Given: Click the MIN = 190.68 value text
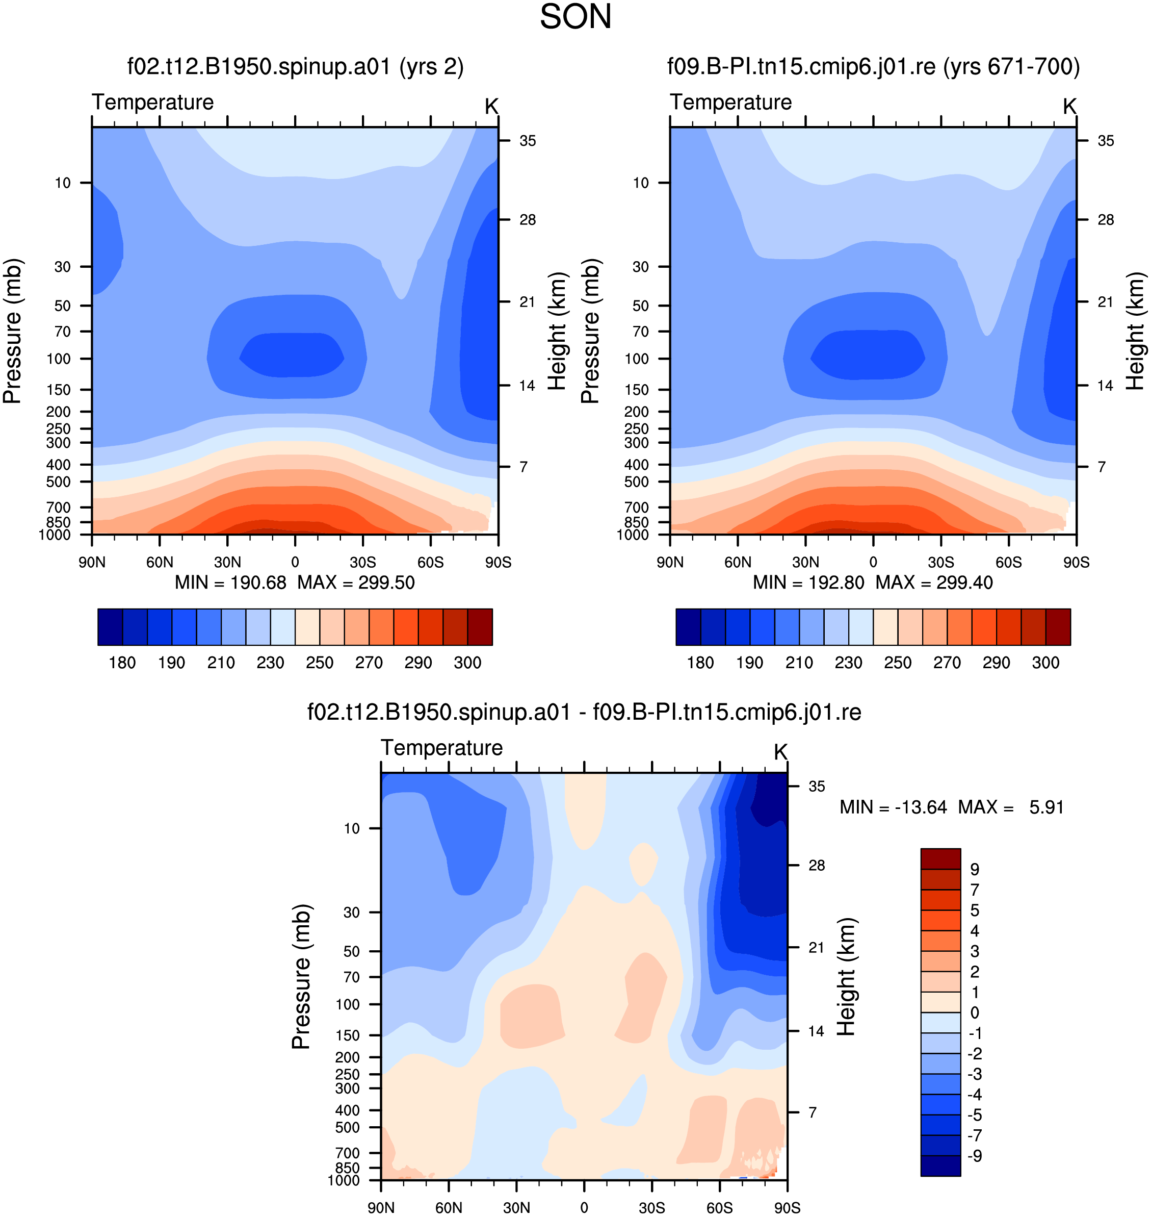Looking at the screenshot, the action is click(x=231, y=582).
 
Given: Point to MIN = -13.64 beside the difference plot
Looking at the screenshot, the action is click(x=893, y=807).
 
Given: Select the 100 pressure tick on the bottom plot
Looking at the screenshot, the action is click(x=348, y=1004).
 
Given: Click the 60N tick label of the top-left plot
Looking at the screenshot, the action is click(x=160, y=562).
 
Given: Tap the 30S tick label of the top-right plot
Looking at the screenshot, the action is click(x=940, y=562).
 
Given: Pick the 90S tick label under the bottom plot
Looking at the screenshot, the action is click(x=787, y=1207).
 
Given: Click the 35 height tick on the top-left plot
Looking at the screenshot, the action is click(x=528, y=141).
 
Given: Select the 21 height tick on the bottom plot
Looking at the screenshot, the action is click(x=817, y=947).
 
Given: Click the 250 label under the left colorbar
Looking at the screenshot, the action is click(x=320, y=663).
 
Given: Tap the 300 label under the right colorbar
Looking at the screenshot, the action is click(x=1045, y=663).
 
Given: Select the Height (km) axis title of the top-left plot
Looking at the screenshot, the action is click(x=557, y=332).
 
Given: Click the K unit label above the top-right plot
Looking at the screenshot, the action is click(x=1069, y=106).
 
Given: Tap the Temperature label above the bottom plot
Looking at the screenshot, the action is click(x=442, y=748).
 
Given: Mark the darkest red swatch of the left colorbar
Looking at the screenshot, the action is click(x=480, y=627).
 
